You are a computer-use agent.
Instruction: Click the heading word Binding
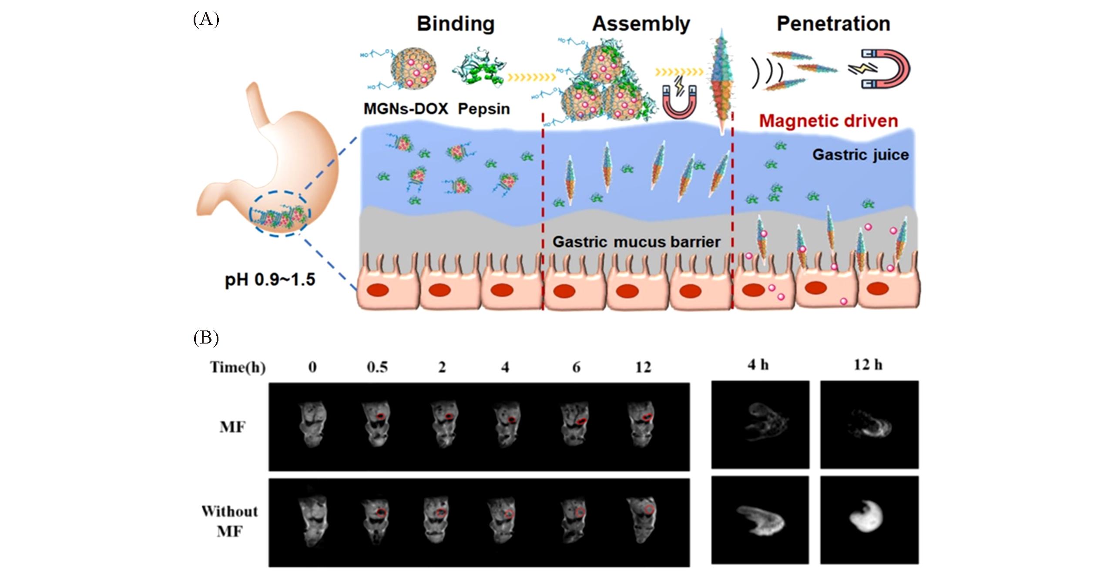(456, 24)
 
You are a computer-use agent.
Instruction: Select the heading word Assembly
(641, 24)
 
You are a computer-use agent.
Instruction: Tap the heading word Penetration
(833, 24)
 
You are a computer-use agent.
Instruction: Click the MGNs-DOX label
(406, 108)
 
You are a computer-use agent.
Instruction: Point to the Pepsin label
(483, 108)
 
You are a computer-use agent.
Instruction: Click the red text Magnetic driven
(829, 121)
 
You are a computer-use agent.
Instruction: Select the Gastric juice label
(860, 155)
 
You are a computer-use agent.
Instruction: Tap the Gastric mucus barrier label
(636, 242)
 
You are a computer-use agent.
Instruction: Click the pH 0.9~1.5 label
(270, 280)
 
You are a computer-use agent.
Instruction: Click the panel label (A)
(206, 20)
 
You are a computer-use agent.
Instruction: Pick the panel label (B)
(206, 338)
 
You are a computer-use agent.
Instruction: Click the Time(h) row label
(238, 367)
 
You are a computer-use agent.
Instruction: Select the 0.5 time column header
(377, 367)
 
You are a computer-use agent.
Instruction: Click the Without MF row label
(230, 521)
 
